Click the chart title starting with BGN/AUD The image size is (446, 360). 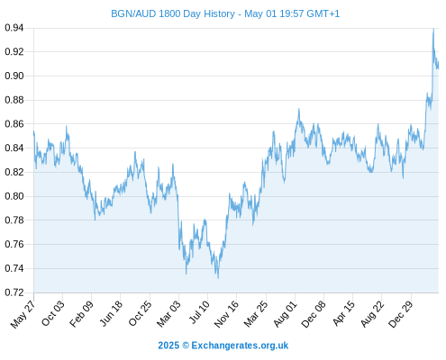coord(225,13)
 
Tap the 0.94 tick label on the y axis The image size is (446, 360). coord(14,28)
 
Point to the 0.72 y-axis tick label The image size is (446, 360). coord(14,292)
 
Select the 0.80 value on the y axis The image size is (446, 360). coord(14,196)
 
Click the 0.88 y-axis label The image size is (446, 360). coord(14,100)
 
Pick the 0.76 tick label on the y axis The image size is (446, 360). coord(14,244)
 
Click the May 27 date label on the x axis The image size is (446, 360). coord(23,314)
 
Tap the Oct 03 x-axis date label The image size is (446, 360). coord(53,313)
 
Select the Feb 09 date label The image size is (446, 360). coord(81,314)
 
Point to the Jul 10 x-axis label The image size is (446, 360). coord(199,312)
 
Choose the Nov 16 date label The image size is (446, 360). coord(226,314)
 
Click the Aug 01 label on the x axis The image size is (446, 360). coord(285,314)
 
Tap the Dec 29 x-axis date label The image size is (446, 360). coord(401,314)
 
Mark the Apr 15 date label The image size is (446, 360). coord(343,313)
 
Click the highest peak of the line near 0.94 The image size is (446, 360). coord(433,29)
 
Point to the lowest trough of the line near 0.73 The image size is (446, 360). coord(218,278)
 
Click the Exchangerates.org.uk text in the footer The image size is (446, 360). coord(240,346)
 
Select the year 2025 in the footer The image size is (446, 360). coord(168,346)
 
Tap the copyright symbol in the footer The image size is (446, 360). coord(186,346)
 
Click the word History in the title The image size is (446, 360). coord(219,13)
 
